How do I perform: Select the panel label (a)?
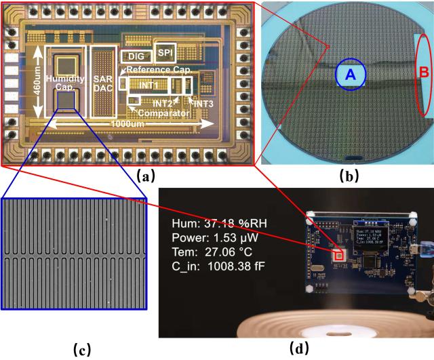[x=145, y=177]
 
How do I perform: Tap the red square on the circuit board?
[x=339, y=255]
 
